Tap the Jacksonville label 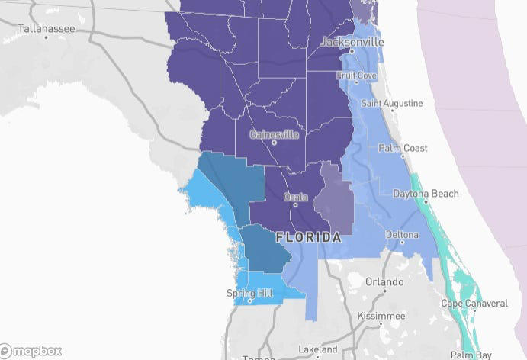click(352, 43)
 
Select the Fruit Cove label click(357, 76)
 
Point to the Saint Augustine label click(391, 103)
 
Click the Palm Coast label click(403, 149)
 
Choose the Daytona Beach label click(426, 194)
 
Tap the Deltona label click(402, 233)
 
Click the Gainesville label click(275, 135)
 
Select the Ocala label click(296, 197)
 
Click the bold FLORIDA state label click(308, 238)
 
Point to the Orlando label click(384, 282)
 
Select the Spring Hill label click(250, 293)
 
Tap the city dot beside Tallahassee click(46, 37)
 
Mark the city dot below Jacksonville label click(352, 52)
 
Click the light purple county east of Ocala click(333, 200)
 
